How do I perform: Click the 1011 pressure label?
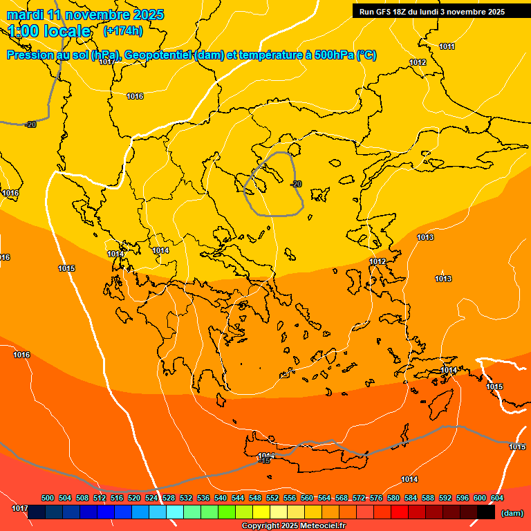click(x=447, y=46)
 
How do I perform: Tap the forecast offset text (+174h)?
click(x=122, y=30)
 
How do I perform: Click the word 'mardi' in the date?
click(x=25, y=15)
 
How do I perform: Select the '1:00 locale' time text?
click(x=49, y=31)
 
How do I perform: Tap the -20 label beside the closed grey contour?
click(x=296, y=184)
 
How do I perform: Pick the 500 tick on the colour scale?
click(x=48, y=498)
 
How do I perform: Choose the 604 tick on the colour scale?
click(x=497, y=498)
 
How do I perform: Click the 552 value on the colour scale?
click(x=272, y=498)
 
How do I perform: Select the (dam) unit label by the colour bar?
click(x=512, y=512)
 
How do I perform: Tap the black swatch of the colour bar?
click(x=486, y=512)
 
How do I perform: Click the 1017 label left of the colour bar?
click(x=20, y=509)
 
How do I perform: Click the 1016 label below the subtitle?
click(x=135, y=96)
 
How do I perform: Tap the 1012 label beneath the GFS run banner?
click(x=418, y=62)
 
